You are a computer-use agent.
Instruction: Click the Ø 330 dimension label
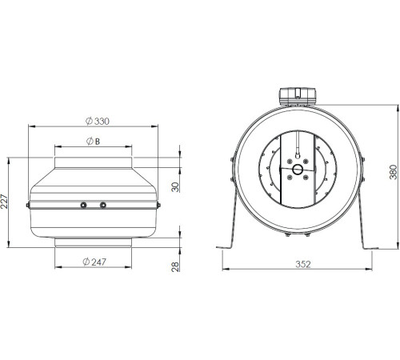pos(98,121)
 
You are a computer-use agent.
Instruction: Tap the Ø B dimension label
pos(93,141)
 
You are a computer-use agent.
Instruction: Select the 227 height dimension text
pos(5,201)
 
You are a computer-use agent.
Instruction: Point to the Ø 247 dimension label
pos(94,262)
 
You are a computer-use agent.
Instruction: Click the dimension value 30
pos(175,187)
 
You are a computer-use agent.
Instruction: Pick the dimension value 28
pos(175,266)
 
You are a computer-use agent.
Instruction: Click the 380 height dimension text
pos(394,172)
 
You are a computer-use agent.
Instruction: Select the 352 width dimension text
pos(303,264)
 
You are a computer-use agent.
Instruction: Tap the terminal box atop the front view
pos(298,97)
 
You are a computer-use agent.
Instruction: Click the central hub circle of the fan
pos(298,169)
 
